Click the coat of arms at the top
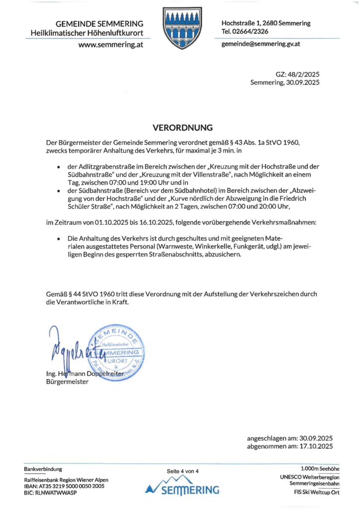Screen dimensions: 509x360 [x=180, y=29]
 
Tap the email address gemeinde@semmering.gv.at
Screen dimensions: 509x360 [x=261, y=44]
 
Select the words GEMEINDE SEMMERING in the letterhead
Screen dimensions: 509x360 [x=99, y=23]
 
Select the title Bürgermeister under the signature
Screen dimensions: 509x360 [x=67, y=382]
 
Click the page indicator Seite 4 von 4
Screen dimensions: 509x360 [x=182, y=471]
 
